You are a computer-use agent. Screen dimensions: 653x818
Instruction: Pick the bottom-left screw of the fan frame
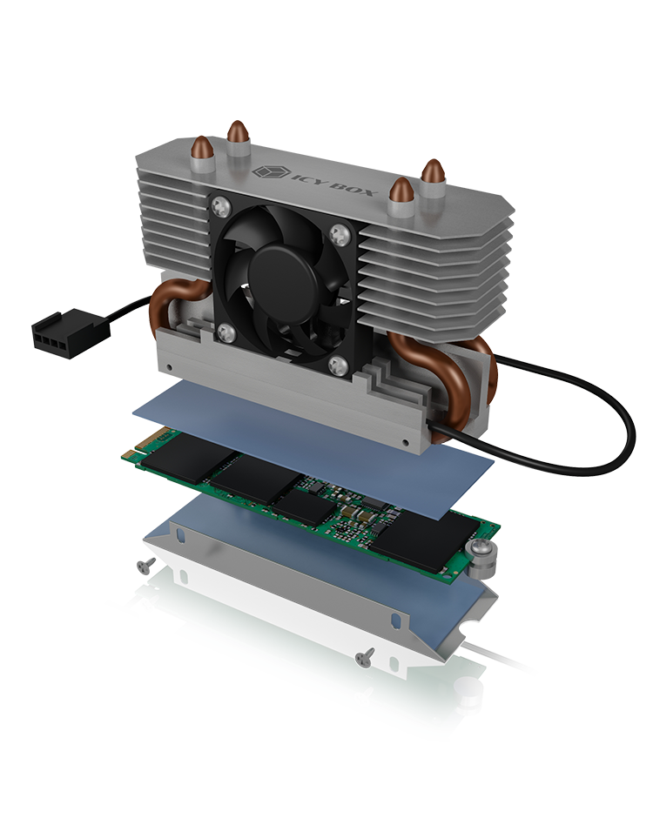(226, 332)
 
